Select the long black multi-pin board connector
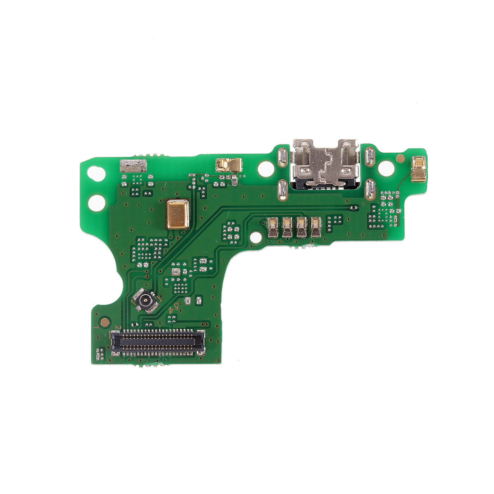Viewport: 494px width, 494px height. click(x=158, y=342)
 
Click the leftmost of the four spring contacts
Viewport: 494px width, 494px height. click(x=273, y=227)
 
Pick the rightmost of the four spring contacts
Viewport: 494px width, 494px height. click(x=316, y=227)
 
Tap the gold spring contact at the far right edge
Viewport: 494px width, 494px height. click(x=418, y=169)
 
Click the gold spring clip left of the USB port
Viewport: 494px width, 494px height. click(x=228, y=165)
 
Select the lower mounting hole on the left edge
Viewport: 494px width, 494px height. click(x=96, y=202)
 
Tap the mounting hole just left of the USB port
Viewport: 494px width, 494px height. click(x=266, y=168)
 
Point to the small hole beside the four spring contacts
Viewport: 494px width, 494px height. click(x=256, y=237)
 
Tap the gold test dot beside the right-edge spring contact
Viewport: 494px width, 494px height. click(x=399, y=158)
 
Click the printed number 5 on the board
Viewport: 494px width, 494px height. click(x=176, y=306)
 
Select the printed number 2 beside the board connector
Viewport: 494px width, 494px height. click(x=117, y=328)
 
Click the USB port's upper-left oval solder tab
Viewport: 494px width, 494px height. click(x=282, y=157)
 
